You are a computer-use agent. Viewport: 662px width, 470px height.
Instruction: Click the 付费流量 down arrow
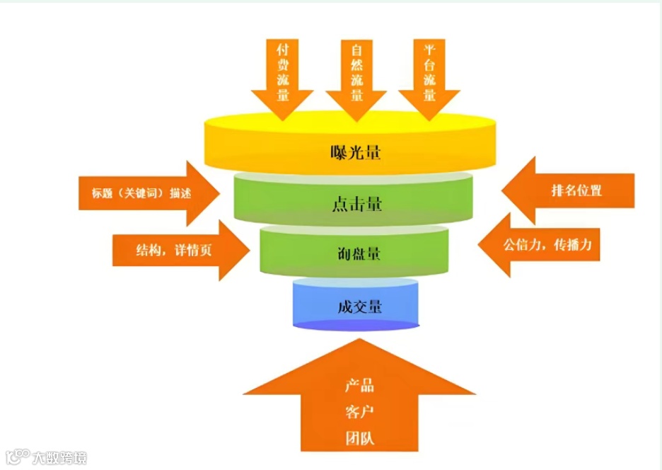tap(282, 75)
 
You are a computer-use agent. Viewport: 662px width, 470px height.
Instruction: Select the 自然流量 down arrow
tap(356, 75)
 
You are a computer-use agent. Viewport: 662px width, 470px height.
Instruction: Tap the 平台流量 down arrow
tap(429, 75)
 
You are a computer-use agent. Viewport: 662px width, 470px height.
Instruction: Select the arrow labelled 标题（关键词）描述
tap(149, 192)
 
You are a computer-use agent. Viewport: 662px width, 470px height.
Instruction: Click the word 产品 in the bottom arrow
tap(359, 386)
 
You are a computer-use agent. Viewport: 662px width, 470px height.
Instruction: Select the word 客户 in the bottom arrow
tap(359, 412)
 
